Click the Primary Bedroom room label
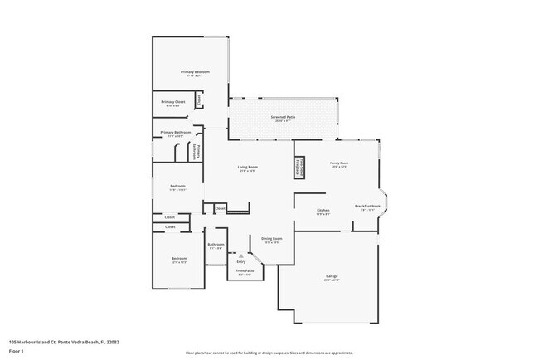[x=195, y=73]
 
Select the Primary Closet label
[x=173, y=103]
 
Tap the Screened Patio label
[x=284, y=119]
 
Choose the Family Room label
[x=339, y=164]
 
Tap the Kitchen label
[x=323, y=211]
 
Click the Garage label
[x=332, y=277]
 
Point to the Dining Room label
[x=272, y=240]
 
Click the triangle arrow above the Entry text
[x=241, y=255]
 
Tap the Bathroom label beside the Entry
[x=216, y=246]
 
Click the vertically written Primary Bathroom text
[x=198, y=151]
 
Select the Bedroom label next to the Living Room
[x=177, y=187]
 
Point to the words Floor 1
[x=17, y=351]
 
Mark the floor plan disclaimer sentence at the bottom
[x=269, y=353]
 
